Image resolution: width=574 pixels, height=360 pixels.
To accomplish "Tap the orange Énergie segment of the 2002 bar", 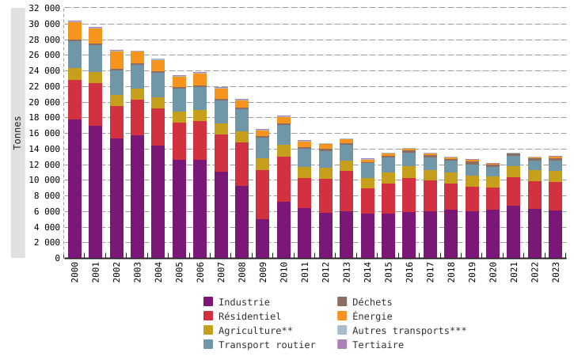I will point(116,60).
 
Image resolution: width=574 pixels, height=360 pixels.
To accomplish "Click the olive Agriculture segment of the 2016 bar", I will point(409,172).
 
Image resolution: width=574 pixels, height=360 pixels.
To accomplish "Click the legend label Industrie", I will point(244,301).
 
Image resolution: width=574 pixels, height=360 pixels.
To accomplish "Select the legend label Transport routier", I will point(267,344).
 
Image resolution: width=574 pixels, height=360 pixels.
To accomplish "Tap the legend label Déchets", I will point(372,301).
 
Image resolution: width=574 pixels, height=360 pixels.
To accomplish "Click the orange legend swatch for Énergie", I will point(342,316).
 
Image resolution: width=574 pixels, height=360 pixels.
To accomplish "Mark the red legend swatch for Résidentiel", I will point(208,316).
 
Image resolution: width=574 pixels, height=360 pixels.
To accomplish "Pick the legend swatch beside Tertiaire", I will point(342,344).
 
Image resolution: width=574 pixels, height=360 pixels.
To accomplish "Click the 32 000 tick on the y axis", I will point(44,8).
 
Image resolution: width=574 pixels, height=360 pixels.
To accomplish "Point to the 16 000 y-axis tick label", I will point(44,133).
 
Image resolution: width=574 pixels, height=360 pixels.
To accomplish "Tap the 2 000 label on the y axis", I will point(48,242).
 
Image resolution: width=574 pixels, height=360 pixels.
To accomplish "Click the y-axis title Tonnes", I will point(17,133).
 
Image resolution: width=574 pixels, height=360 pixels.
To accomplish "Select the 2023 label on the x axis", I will point(555,277).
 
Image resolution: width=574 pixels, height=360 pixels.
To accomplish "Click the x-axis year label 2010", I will point(283,277).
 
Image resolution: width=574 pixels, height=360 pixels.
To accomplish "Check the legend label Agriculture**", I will point(255,330).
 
